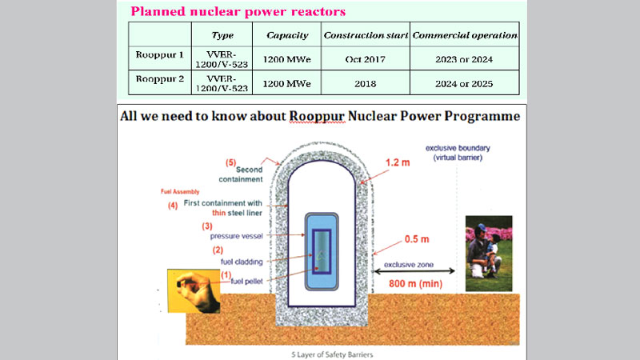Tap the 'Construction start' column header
pyautogui.click(x=365, y=36)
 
